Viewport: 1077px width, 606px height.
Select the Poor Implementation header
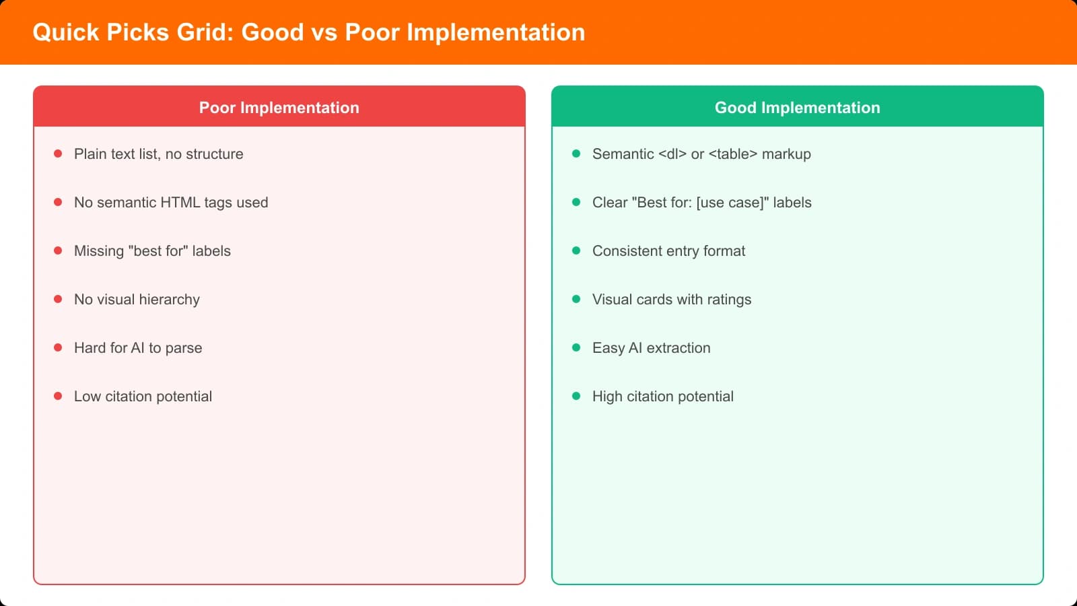(279, 108)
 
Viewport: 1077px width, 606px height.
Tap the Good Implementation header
(797, 108)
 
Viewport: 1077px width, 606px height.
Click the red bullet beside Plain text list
(58, 154)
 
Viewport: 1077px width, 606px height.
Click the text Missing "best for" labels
(152, 251)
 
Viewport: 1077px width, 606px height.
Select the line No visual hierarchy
(137, 300)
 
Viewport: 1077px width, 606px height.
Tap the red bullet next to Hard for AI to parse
(58, 348)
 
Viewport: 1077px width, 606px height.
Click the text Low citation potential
(143, 397)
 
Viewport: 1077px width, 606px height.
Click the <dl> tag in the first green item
(672, 154)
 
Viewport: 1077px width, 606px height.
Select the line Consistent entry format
(668, 251)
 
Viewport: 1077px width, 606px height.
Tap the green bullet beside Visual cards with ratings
(576, 300)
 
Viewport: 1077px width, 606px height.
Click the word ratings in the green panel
(729, 300)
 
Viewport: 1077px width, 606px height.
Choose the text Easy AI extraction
(651, 348)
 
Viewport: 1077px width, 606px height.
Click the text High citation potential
(662, 397)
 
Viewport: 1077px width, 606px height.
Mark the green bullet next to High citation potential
(576, 397)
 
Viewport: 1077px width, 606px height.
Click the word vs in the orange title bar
(324, 32)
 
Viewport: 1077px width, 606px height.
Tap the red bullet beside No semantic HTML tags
(58, 203)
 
